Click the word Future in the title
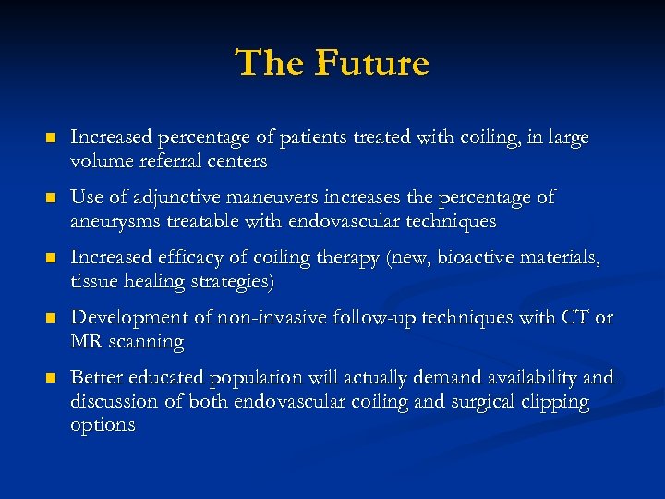(372, 64)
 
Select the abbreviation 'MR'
(88, 342)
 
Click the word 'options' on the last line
(103, 425)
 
